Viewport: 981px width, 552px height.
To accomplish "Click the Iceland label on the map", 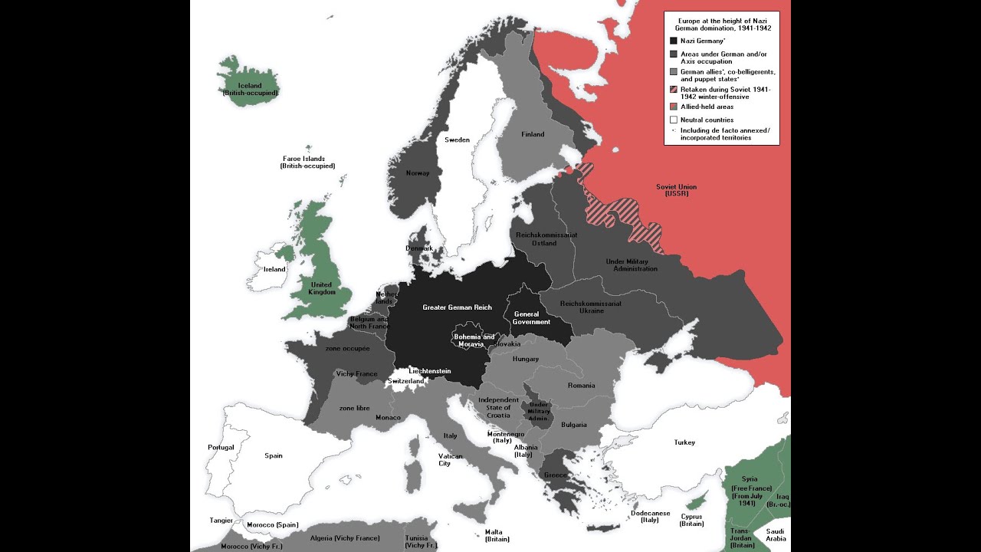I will [x=250, y=89].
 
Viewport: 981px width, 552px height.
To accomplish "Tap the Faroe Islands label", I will [x=307, y=162].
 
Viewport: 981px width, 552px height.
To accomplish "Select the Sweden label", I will [x=458, y=140].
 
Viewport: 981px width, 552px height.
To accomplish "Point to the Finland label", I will [x=533, y=134].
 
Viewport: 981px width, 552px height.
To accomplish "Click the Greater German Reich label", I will [x=457, y=307].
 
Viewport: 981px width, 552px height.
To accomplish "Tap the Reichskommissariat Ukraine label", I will [x=590, y=307].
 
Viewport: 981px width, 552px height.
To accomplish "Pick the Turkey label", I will [x=684, y=442].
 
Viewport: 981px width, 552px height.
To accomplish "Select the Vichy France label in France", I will [x=356, y=373].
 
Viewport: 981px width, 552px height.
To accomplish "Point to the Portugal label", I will [x=221, y=447].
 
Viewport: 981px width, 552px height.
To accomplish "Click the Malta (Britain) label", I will [x=497, y=535].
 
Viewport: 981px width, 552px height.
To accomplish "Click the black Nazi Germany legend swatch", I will [x=673, y=41].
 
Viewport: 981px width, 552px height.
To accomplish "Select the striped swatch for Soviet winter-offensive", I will [x=673, y=90].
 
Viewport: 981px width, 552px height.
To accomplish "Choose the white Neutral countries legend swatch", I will [x=673, y=120].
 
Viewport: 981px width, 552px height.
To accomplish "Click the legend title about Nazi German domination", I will [x=721, y=24].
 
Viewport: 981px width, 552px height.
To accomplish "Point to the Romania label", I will [x=581, y=385].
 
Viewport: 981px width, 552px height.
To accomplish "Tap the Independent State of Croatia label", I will [x=498, y=407].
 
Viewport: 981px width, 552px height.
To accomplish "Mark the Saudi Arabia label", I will [x=776, y=534].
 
